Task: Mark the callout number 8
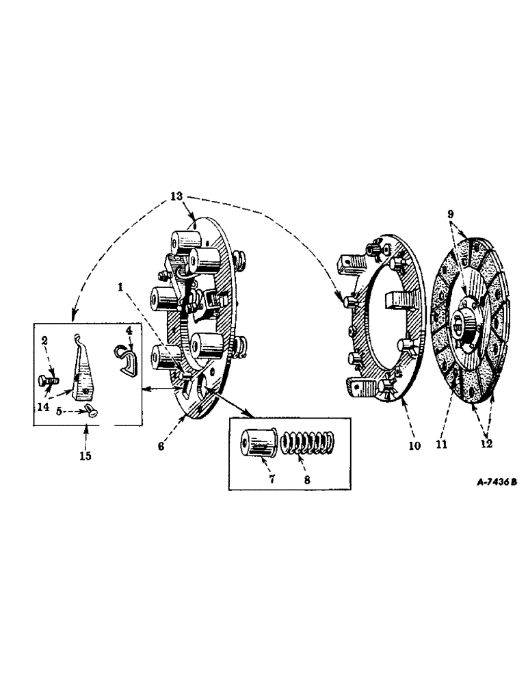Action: [306, 479]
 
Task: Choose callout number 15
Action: [86, 455]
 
